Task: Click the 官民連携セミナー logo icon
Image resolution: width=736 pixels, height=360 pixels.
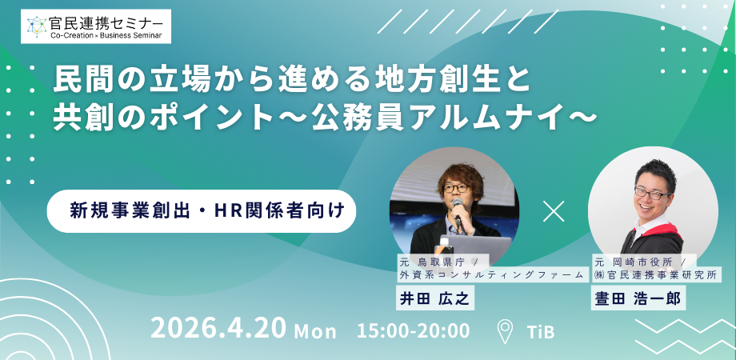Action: [37, 26]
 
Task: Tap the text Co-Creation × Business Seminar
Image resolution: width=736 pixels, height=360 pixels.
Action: [106, 35]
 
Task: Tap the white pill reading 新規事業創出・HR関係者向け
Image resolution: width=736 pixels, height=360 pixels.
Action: [202, 210]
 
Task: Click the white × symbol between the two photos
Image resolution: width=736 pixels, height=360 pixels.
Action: [554, 211]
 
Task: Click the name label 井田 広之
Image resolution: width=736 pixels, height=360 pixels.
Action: [434, 299]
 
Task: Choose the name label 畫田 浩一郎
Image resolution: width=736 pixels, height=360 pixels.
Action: [638, 299]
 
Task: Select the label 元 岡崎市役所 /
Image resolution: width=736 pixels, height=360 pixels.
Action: [644, 261]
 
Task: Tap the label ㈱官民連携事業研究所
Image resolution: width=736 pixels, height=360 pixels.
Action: [656, 275]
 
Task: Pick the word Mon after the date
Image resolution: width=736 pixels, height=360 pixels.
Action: [315, 331]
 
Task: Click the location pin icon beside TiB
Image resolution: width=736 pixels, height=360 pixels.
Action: [505, 331]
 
